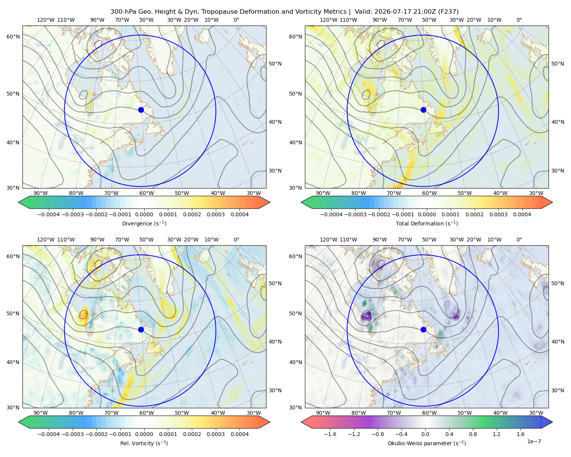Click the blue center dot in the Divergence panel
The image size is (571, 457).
click(141, 110)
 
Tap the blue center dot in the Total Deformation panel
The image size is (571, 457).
click(423, 110)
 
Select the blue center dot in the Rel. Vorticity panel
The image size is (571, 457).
click(141, 329)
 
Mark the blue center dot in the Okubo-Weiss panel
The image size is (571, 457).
click(423, 329)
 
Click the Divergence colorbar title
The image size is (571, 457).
click(144, 224)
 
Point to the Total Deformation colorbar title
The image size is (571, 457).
click(427, 224)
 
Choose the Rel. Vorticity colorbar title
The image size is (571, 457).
click(144, 443)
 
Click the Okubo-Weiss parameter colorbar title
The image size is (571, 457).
click(427, 443)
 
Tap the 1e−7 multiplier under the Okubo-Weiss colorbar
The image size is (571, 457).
click(534, 441)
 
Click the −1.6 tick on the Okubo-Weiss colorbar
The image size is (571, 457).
click(330, 434)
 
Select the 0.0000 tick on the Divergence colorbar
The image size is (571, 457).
click(144, 214)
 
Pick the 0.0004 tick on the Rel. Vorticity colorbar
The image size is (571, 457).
click(239, 434)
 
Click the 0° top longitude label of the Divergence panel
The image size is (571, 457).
click(236, 20)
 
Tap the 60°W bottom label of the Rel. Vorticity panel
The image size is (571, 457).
click(147, 413)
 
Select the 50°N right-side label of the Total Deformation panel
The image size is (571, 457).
click(558, 64)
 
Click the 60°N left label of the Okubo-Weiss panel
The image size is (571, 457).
click(295, 257)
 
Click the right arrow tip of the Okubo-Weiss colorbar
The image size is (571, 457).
click(552, 422)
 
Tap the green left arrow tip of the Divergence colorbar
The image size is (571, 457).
click(19, 202)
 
